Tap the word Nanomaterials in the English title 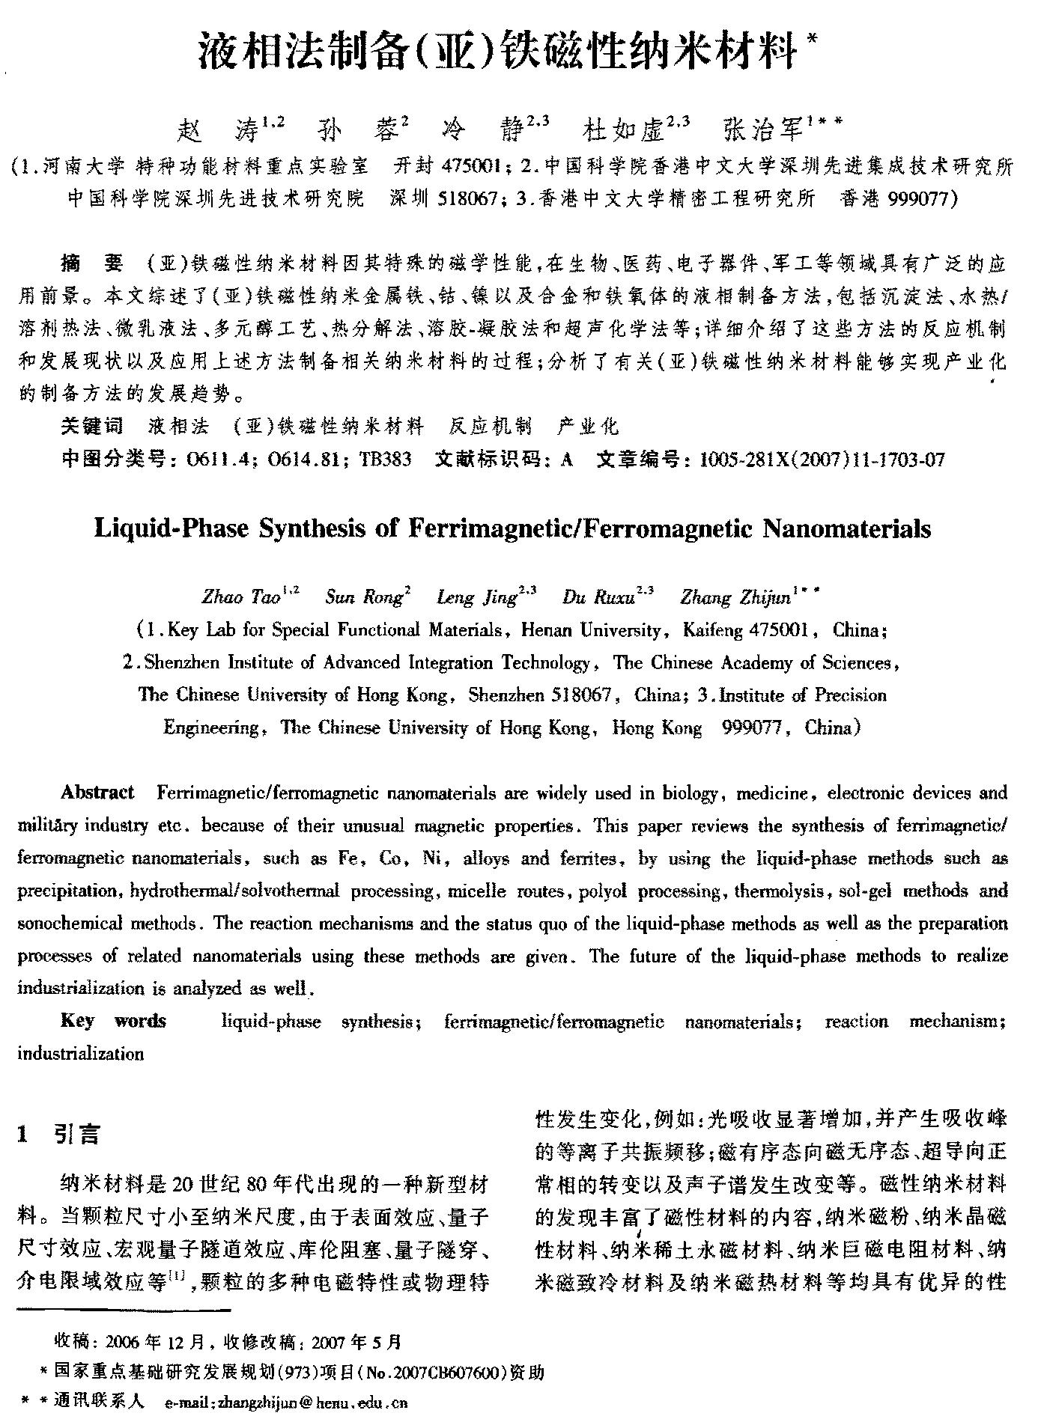pyautogui.click(x=846, y=529)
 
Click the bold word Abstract pyautogui.click(x=97, y=793)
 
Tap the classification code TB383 pyautogui.click(x=385, y=460)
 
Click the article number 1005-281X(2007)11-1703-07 pyautogui.click(x=822, y=460)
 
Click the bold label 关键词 pyautogui.click(x=91, y=427)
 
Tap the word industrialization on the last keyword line pyautogui.click(x=80, y=1054)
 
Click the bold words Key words pyautogui.click(x=113, y=1022)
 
